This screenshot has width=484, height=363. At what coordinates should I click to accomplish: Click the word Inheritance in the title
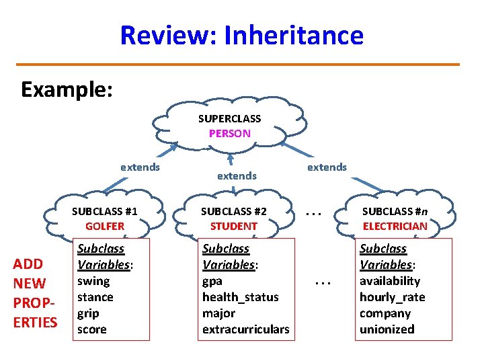coord(294,35)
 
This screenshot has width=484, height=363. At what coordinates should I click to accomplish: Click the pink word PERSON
coord(230,133)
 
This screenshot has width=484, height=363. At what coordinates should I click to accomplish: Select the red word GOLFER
coord(105,227)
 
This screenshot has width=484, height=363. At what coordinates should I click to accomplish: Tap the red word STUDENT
coord(234,227)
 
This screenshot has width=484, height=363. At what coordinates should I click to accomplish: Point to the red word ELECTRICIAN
coord(395,227)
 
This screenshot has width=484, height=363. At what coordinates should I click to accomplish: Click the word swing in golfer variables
coord(93,281)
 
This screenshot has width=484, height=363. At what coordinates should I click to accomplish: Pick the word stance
coord(95,297)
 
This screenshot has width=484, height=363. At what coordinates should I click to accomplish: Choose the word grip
coord(89,313)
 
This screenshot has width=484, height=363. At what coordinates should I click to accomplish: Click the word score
coord(92,329)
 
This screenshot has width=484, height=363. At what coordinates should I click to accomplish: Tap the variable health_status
coord(240,297)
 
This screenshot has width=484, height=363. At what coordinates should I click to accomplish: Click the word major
coord(218,313)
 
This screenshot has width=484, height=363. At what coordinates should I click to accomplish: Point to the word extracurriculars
coord(246,329)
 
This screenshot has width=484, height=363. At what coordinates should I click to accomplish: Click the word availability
coord(390,281)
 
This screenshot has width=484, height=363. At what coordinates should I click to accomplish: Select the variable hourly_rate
coord(393,297)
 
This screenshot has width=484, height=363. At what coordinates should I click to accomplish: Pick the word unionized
coord(387,329)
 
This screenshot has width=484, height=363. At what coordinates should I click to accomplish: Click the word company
coord(386,313)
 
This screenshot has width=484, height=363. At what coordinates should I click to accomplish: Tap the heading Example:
coord(67,89)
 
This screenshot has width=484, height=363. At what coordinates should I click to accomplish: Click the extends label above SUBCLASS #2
coord(236,176)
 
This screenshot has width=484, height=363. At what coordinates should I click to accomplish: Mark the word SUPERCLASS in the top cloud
coord(230,119)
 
